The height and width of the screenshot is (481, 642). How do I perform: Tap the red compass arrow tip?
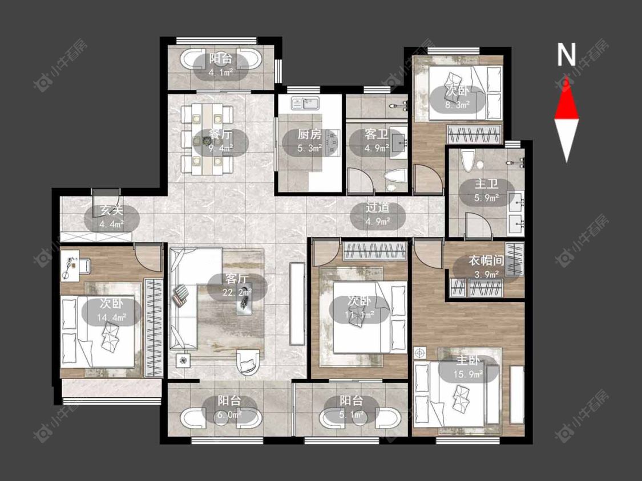567,76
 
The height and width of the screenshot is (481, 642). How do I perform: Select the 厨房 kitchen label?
309,134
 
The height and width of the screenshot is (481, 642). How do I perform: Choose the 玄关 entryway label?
112,211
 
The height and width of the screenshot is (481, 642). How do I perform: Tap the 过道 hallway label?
378,208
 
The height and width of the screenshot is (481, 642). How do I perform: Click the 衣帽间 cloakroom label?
486,260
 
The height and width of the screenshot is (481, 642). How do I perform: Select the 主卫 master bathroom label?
486,184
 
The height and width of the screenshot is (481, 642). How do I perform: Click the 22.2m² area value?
237,292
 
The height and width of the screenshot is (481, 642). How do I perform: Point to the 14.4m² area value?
112,317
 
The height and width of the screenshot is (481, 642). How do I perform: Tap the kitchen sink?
306,103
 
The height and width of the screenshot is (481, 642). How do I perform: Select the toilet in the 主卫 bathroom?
467,161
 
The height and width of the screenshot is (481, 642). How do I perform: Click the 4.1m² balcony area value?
221,73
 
